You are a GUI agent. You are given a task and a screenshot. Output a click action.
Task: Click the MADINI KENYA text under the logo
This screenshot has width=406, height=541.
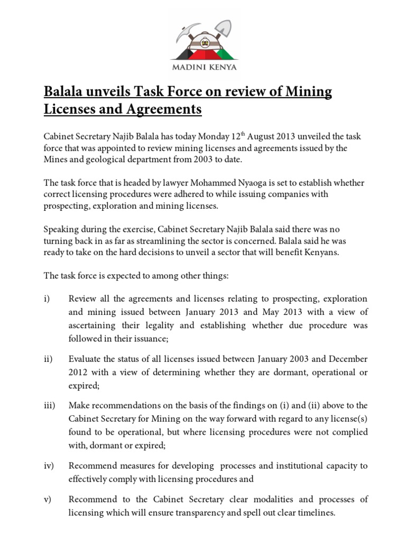(x=202, y=67)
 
